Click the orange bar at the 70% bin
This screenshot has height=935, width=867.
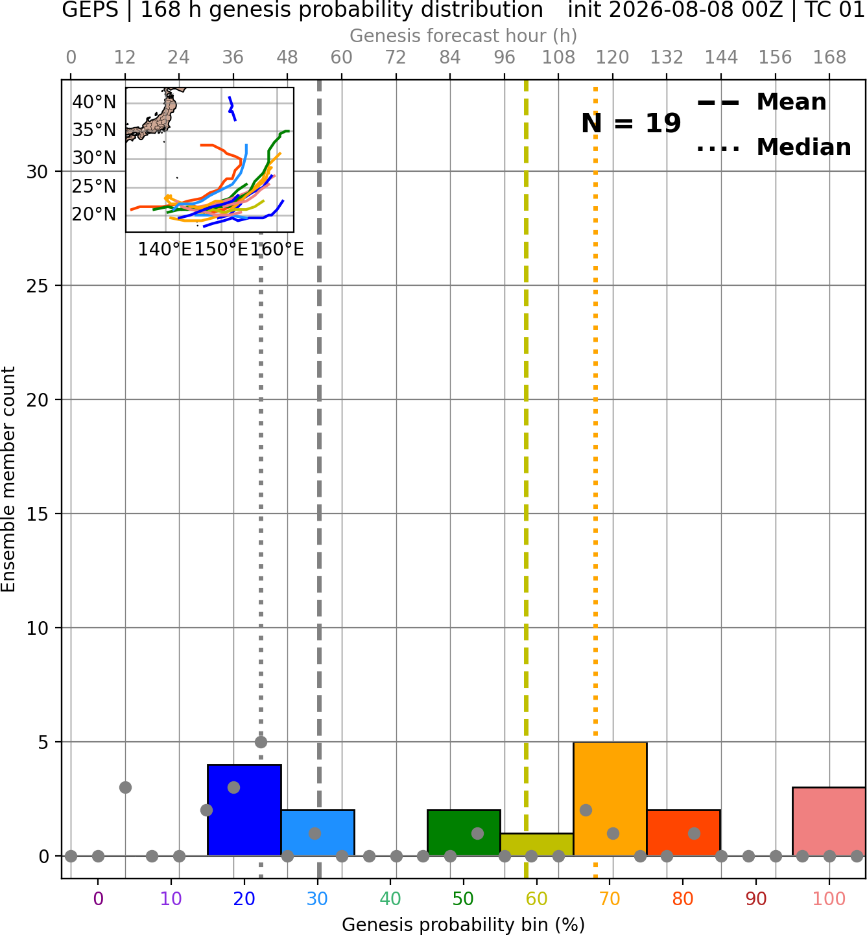tap(610, 799)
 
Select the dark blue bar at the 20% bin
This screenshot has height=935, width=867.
tap(244, 811)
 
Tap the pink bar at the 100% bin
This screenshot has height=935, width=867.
tap(829, 822)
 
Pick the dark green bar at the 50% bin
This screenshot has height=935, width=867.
tap(464, 833)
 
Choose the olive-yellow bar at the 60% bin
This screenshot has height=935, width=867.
tap(537, 845)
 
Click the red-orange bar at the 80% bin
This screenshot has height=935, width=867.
tap(683, 833)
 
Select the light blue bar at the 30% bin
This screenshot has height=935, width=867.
tap(318, 833)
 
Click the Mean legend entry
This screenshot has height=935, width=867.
tap(761, 102)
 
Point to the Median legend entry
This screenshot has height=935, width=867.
tap(774, 147)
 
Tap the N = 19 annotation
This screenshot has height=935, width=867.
tap(631, 123)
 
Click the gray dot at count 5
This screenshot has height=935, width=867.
tap(261, 742)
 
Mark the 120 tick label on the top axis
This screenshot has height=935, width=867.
tap(612, 58)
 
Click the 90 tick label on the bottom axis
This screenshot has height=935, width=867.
tap(756, 899)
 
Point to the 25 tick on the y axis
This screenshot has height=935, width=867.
tap(38, 286)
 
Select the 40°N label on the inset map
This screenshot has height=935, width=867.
tap(94, 102)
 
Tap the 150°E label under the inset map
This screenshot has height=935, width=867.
tap(221, 249)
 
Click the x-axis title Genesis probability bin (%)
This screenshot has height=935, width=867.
tap(464, 925)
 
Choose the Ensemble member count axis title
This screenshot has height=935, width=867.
tap(8, 479)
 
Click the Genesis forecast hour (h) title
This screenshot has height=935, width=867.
tap(464, 36)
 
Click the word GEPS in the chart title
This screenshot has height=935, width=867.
tap(90, 10)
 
